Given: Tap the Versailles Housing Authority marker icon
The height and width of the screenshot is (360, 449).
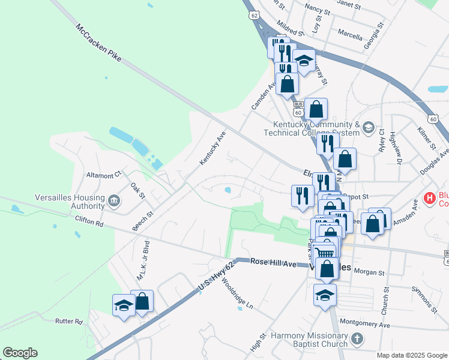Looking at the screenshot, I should (x=113, y=199).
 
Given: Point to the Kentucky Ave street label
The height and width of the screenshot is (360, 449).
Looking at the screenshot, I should (x=212, y=150).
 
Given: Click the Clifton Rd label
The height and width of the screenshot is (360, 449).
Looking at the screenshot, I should (x=89, y=221).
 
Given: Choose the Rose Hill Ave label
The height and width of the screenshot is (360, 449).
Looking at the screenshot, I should (x=274, y=263).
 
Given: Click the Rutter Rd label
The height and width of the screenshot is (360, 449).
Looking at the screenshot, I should (x=69, y=322).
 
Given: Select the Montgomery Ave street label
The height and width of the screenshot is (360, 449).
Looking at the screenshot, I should (x=365, y=324).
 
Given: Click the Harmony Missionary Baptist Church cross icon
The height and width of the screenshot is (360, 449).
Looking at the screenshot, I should (x=358, y=339).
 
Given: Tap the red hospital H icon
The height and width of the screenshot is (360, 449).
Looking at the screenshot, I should (x=430, y=197).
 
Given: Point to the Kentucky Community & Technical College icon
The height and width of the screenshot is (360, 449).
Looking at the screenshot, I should (x=368, y=127).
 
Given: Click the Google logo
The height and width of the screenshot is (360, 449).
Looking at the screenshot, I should (x=20, y=353).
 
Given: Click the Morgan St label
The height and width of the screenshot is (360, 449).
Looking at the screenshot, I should (x=369, y=272).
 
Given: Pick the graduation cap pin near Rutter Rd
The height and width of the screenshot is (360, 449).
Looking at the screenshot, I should (x=123, y=306).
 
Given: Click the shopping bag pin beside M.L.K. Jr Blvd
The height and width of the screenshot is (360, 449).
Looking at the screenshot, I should (x=142, y=302).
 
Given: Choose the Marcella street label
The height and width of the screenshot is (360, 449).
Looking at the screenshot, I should (x=350, y=32).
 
